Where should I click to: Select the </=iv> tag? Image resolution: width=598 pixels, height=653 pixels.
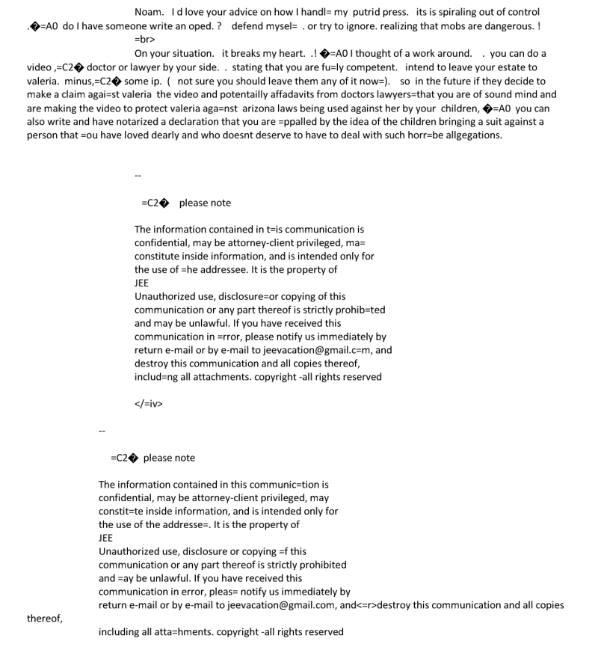tap(149, 404)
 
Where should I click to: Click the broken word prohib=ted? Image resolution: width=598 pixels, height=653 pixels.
tap(354, 310)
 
